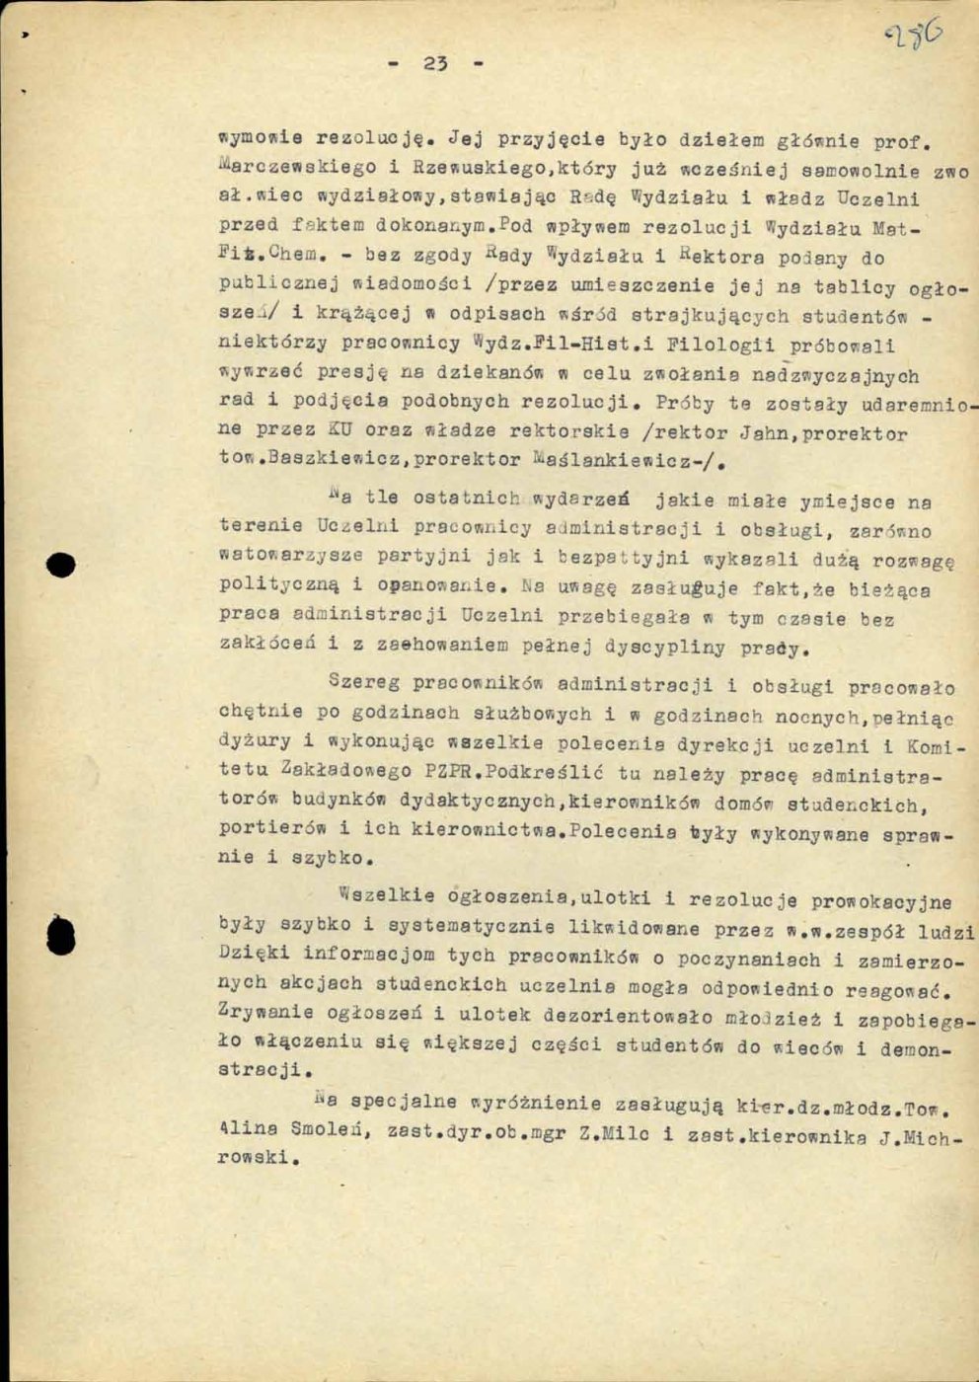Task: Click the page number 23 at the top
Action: coord(435,64)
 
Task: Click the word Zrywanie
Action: coord(265,1012)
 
